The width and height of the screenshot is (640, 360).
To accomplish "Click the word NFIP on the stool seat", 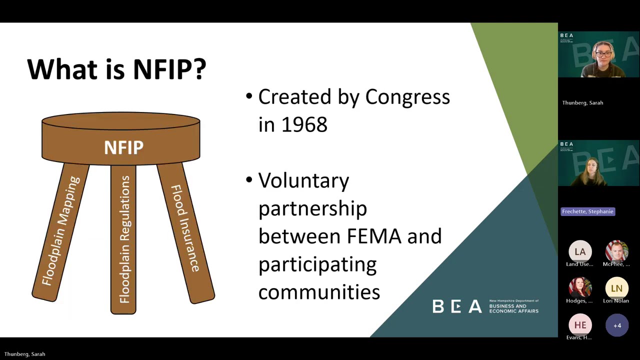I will pos(123,147).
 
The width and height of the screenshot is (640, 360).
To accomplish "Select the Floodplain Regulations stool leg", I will pos(123,239).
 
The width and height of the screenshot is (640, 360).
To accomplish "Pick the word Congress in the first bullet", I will pos(407,97).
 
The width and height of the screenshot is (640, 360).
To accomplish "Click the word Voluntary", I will pos(303,180).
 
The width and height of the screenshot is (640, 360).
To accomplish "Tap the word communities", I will pos(319,291).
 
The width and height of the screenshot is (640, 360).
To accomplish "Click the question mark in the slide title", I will pos(199,69).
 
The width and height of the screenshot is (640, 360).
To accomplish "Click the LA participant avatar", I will pos(580,252).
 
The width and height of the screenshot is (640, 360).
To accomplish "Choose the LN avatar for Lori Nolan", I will pos(616,288).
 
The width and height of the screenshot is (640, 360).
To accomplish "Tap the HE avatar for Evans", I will pos(580,325).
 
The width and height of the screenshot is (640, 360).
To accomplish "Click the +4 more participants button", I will pos(617,325).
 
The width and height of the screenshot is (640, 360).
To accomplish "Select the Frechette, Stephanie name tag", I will pos(587,211).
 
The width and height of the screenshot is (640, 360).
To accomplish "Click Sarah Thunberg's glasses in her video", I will pos(603,53).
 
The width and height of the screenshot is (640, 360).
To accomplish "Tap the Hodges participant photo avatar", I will pos(580,288).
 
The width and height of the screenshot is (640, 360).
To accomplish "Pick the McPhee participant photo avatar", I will pos(616,251).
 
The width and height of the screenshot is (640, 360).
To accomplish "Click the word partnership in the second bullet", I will pos(312,208).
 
